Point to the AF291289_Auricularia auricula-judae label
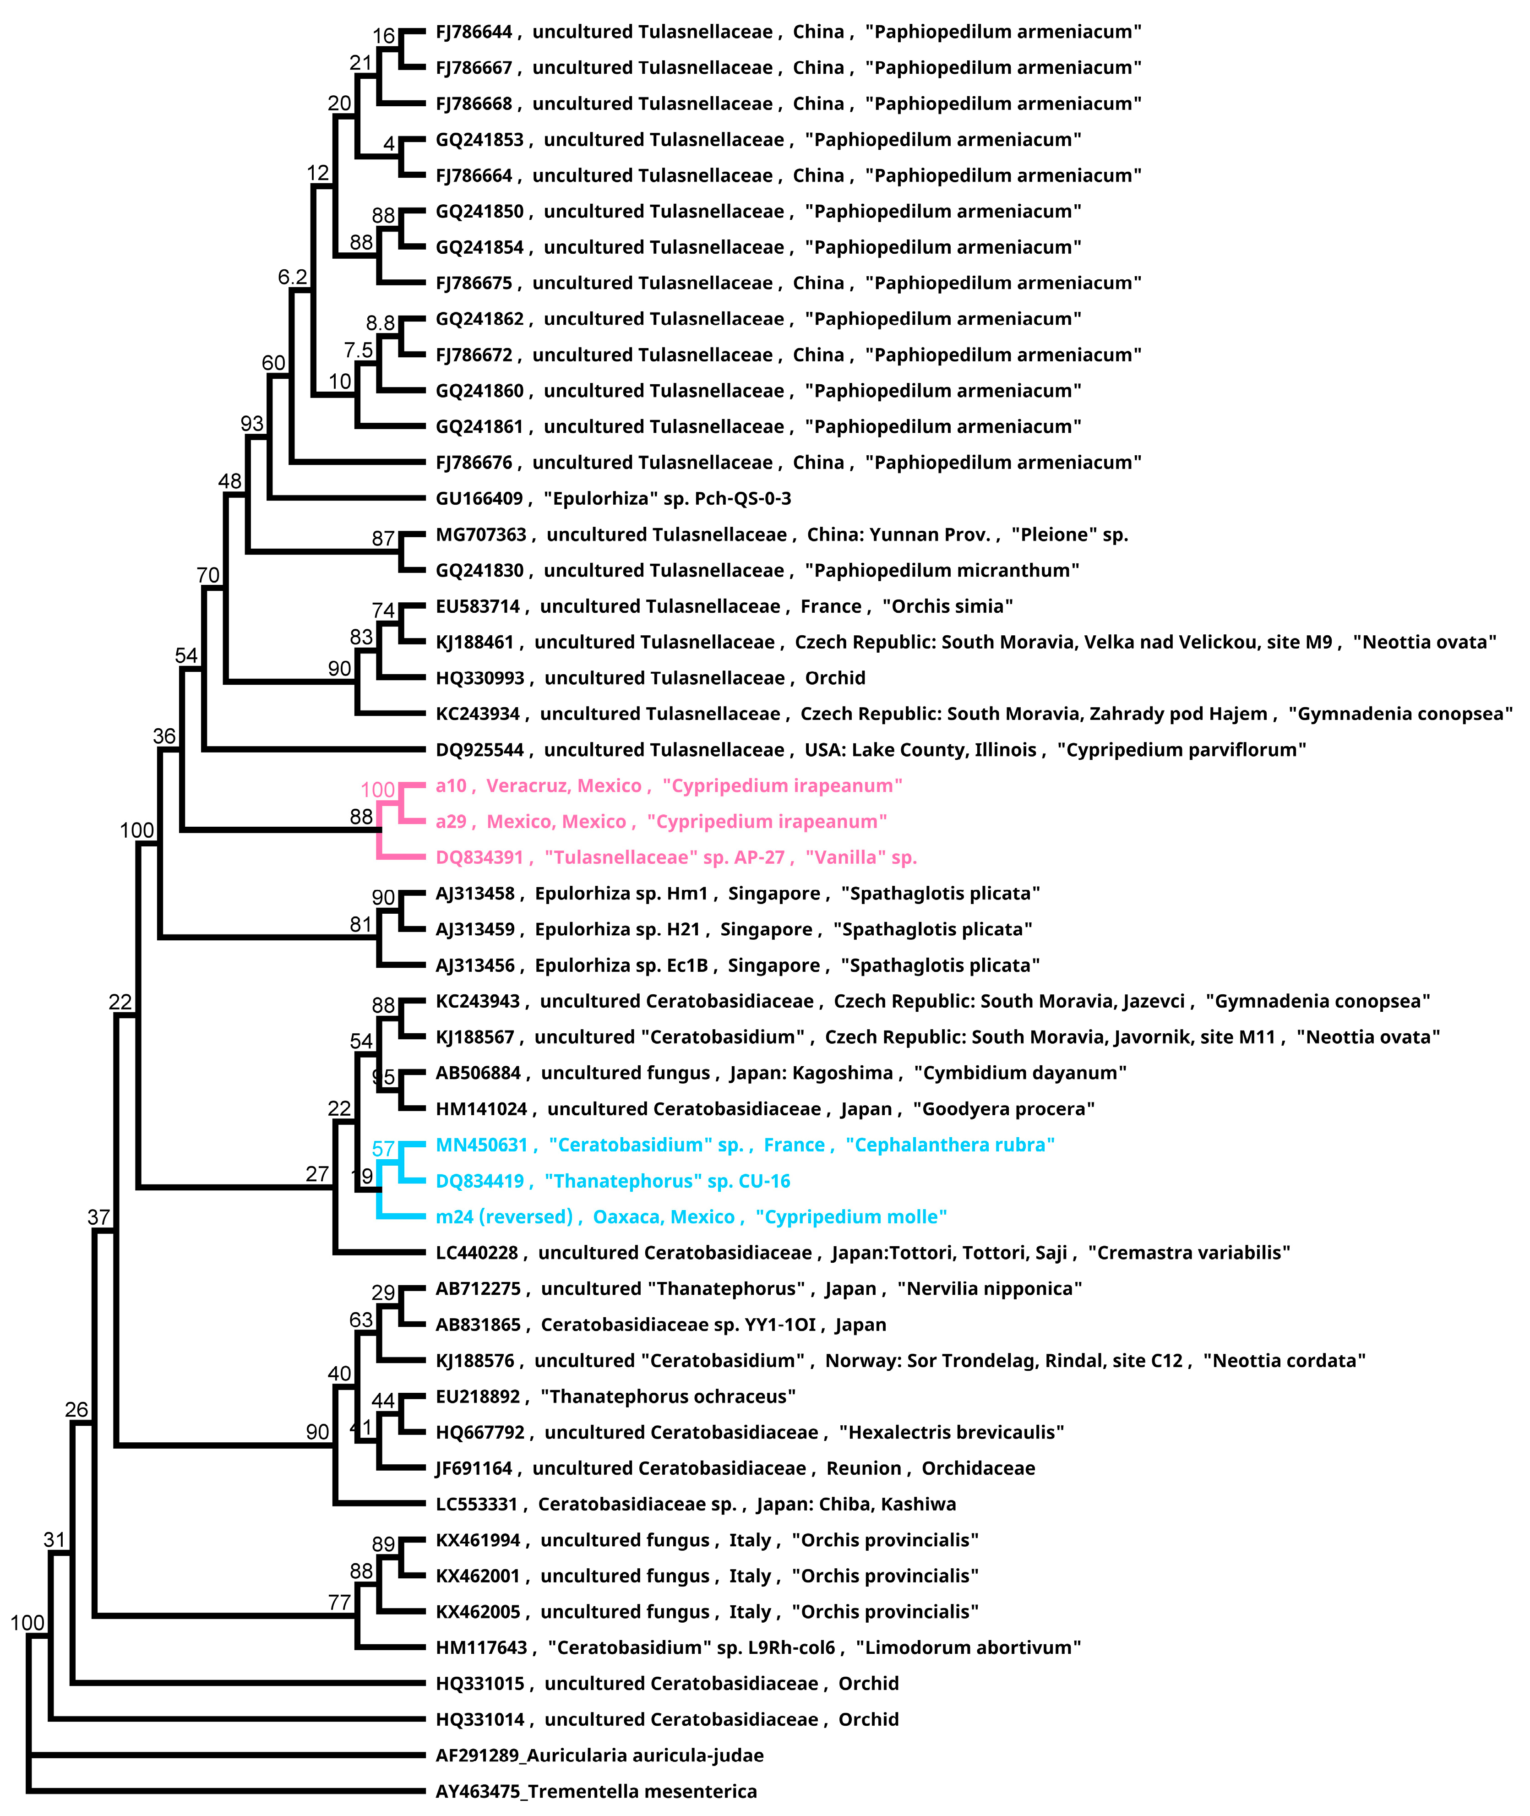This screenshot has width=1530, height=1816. pos(599,1755)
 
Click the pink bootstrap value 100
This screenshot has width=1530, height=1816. pos(377,790)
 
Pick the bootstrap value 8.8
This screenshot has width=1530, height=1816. pos(380,323)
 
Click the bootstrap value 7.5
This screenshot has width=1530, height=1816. pos(358,350)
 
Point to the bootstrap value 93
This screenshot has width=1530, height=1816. pos(251,423)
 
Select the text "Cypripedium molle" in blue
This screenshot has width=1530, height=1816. pos(851,1217)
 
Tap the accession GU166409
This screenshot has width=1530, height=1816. pos(479,499)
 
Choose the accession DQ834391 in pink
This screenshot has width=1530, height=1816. pos(479,858)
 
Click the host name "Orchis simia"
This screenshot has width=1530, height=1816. pos(947,606)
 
